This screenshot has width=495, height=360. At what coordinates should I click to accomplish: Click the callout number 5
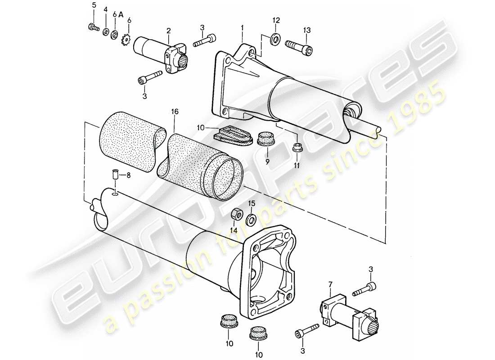pyautogui.click(x=94, y=6)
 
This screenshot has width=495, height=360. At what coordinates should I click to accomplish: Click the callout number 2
pyautogui.click(x=168, y=31)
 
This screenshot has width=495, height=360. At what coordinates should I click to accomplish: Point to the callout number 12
pyautogui.click(x=276, y=20)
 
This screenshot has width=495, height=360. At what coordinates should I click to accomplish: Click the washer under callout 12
pyautogui.click(x=274, y=40)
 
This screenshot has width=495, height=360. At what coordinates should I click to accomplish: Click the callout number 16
pyautogui.click(x=175, y=110)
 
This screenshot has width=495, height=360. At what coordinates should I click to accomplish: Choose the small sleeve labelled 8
pyautogui.click(x=115, y=175)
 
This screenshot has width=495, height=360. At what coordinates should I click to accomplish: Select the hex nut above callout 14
pyautogui.click(x=235, y=214)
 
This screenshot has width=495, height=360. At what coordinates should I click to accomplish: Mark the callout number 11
pyautogui.click(x=297, y=165)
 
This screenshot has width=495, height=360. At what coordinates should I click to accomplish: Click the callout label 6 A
pyautogui.click(x=118, y=14)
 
